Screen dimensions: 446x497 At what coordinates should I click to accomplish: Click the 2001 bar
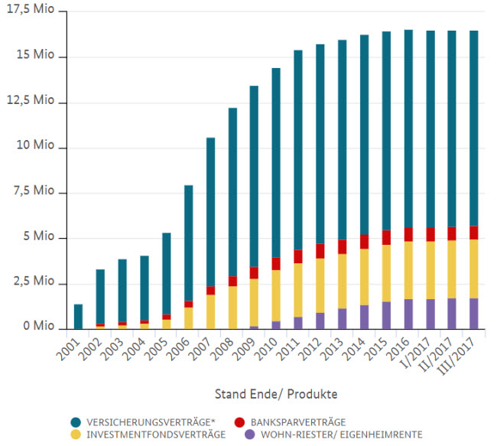(78, 316)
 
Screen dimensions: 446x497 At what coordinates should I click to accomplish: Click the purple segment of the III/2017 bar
(475, 314)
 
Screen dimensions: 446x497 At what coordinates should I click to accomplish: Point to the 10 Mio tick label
(34, 148)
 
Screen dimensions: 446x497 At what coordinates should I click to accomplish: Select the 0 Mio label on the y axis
(37, 328)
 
